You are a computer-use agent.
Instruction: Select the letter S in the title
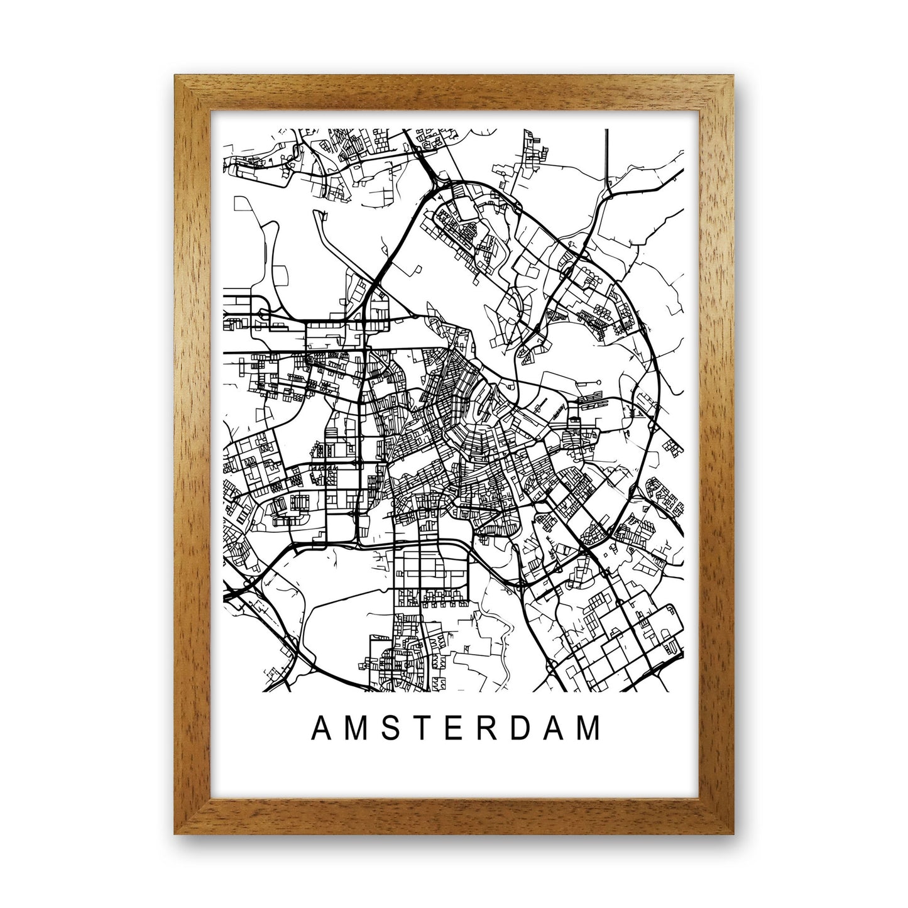tap(390, 728)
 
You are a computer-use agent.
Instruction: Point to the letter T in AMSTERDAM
tap(422, 728)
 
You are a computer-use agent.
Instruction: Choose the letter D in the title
tap(520, 728)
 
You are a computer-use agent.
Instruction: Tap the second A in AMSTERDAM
tap(554, 728)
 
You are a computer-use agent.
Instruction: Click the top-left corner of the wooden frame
tap(177, 77)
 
